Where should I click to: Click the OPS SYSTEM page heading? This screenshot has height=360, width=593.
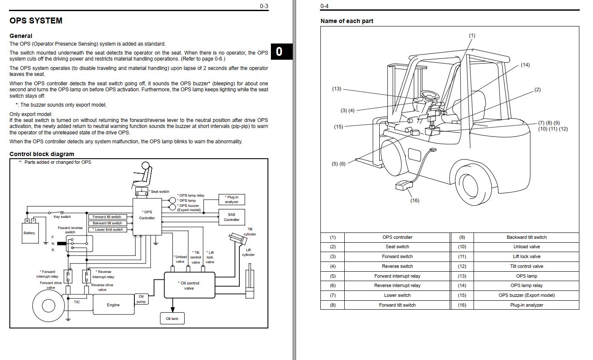(x=36, y=20)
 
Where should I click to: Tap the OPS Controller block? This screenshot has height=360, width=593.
(x=147, y=215)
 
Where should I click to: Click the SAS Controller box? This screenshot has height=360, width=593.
(x=232, y=217)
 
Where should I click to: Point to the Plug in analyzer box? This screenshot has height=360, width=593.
(x=232, y=199)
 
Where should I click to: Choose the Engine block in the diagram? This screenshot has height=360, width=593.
(x=113, y=305)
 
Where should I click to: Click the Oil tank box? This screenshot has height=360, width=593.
(x=172, y=319)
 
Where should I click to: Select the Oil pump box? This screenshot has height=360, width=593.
(x=141, y=299)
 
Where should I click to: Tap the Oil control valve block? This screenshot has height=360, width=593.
(x=189, y=285)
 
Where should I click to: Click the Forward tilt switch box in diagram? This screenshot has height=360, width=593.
(x=107, y=217)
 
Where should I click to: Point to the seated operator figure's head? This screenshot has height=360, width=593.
(x=146, y=166)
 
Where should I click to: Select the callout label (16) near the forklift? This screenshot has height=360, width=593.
(x=414, y=200)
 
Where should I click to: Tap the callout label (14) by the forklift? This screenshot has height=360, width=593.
(x=525, y=65)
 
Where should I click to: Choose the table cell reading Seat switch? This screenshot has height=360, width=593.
(x=397, y=247)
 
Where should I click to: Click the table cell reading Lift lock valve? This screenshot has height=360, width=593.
(x=526, y=256)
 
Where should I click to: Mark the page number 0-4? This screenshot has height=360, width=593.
(x=324, y=6)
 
